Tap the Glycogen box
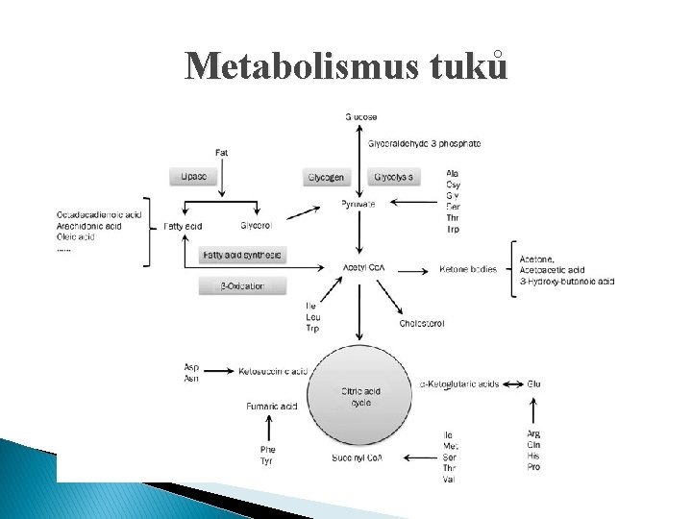(x=326, y=177)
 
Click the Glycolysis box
(x=394, y=177)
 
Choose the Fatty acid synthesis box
(x=242, y=255)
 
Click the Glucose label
(x=361, y=117)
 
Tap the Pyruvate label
(x=358, y=204)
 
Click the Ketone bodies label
(x=468, y=269)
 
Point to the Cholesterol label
(x=421, y=324)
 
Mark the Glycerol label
(x=257, y=226)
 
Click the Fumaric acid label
(x=271, y=407)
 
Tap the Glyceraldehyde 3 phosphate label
(x=424, y=144)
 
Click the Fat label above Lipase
(x=222, y=152)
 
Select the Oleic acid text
(x=76, y=236)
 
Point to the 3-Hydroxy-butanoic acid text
(x=566, y=281)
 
